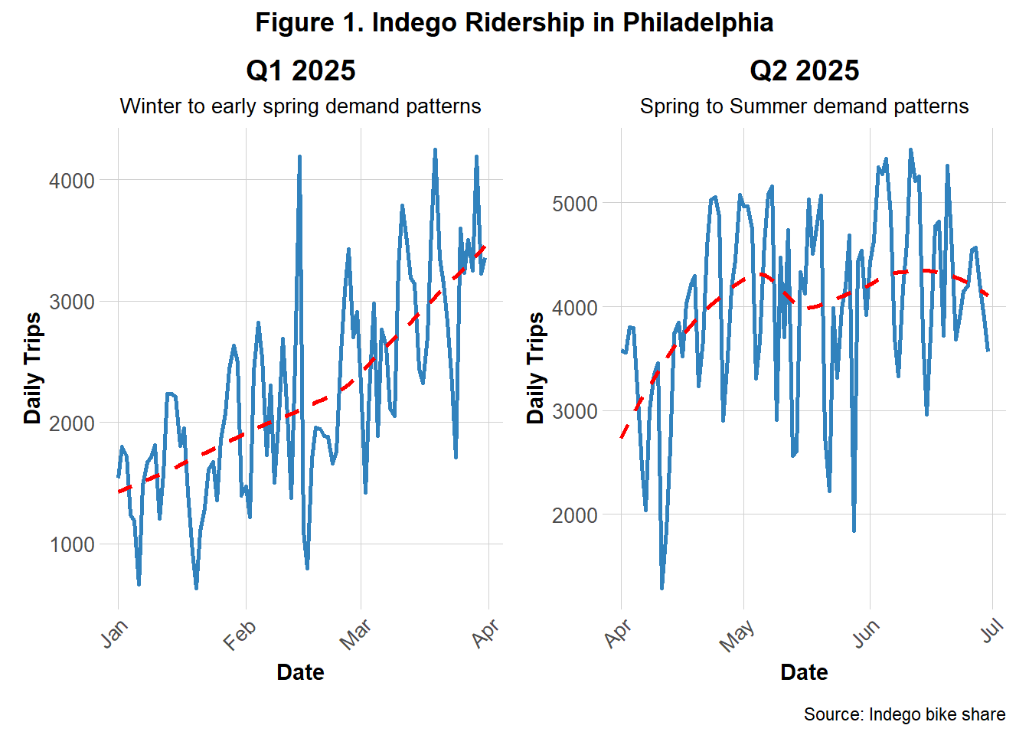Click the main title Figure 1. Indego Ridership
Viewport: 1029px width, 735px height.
click(x=514, y=22)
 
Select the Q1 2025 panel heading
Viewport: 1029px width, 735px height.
click(x=300, y=70)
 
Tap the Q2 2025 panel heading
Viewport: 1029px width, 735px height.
click(x=804, y=70)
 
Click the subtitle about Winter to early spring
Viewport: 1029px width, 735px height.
click(x=300, y=106)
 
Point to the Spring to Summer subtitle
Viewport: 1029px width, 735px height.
click(x=804, y=106)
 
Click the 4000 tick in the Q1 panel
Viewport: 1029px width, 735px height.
click(x=71, y=181)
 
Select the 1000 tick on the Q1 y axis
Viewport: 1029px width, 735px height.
click(x=71, y=544)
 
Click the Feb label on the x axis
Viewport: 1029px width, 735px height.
click(x=240, y=635)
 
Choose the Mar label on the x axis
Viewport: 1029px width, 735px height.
click(x=355, y=635)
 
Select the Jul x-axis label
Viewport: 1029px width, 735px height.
click(x=991, y=632)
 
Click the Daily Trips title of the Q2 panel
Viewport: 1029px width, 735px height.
click(x=536, y=367)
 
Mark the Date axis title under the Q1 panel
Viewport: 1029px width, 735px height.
click(x=300, y=672)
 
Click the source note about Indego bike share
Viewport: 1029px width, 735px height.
click(x=904, y=714)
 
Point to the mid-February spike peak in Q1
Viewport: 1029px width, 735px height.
click(x=299, y=157)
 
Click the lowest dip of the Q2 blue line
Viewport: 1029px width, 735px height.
click(x=661, y=587)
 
